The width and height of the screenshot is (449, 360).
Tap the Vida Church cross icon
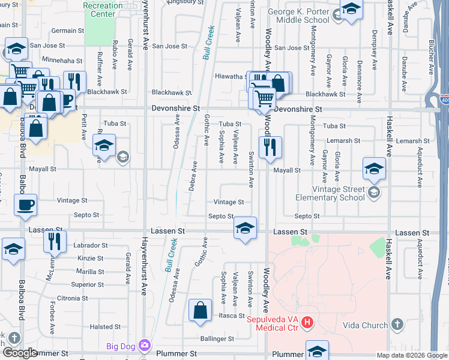coord(396,325)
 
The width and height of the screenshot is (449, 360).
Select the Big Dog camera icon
coord(144,345)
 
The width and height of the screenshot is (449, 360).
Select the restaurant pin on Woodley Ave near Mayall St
coord(270,146)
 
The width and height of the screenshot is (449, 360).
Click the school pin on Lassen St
coord(245,227)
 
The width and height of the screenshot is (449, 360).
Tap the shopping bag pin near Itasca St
coord(200,310)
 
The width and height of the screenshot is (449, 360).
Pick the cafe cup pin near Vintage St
coord(25,205)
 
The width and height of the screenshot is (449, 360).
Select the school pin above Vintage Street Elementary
coord(374,169)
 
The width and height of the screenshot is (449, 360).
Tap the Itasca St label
coord(231,316)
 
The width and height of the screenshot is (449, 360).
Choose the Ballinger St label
coord(217,339)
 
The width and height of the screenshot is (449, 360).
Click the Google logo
coord(19,353)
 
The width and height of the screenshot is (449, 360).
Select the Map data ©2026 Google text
coord(411,355)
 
